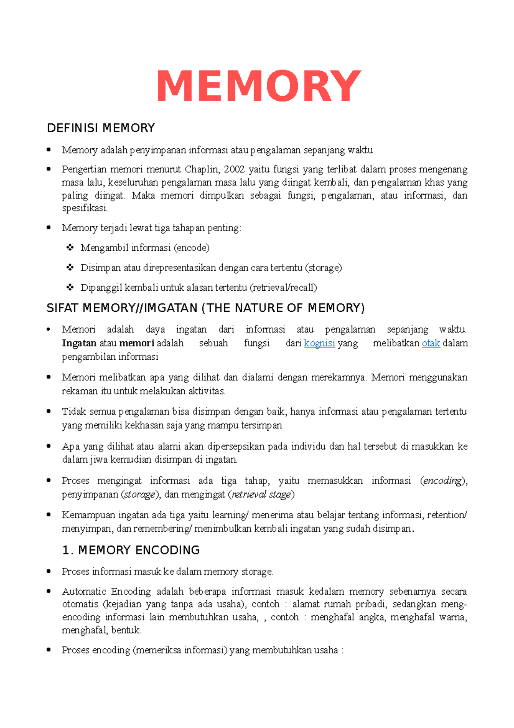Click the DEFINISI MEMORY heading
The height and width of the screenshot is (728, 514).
[x=101, y=128]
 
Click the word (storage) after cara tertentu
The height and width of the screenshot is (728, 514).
[x=323, y=268]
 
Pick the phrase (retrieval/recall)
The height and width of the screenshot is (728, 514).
[x=283, y=288]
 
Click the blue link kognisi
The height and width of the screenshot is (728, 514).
[x=319, y=343]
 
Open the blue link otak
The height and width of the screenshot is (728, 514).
[x=431, y=343]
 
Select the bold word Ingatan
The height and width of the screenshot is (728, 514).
[x=79, y=343]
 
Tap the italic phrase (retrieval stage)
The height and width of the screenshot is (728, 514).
[x=261, y=494]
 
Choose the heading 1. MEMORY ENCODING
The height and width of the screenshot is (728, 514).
[x=131, y=550]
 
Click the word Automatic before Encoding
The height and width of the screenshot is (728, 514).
[x=84, y=592]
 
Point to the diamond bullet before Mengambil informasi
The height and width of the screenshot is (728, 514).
[x=69, y=248]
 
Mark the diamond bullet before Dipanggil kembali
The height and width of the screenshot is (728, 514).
[x=69, y=288]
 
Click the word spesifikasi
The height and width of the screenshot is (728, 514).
[x=84, y=208]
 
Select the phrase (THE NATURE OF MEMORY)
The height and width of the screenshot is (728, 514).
[x=283, y=308]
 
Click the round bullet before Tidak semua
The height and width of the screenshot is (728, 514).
[x=49, y=412]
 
